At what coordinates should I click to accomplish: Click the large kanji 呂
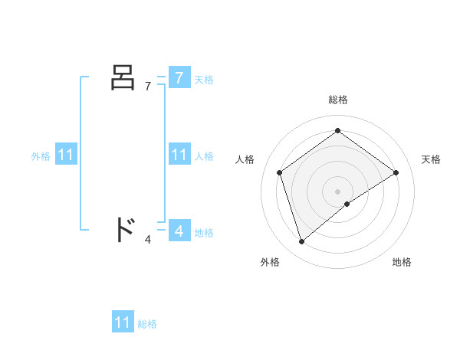[123, 77]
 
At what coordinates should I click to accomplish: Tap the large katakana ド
[123, 230]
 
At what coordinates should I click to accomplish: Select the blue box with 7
[179, 78]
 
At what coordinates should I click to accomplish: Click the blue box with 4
[179, 230]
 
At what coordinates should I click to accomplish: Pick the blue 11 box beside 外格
[66, 155]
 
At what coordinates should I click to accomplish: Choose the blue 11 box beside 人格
[179, 155]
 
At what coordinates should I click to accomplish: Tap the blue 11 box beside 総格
[123, 322]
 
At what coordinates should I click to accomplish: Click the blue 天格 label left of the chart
[204, 80]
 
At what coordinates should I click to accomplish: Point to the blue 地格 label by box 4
[204, 233]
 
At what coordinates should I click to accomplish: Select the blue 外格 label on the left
[41, 156]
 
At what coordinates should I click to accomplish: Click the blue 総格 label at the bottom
[147, 325]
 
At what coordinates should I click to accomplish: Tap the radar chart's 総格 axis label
[337, 100]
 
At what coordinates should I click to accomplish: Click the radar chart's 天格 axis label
[431, 159]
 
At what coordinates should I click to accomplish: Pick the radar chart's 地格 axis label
[402, 262]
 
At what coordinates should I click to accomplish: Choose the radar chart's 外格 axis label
[270, 262]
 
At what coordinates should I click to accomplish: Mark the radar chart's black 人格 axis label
[245, 159]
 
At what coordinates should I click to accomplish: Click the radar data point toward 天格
[396, 172]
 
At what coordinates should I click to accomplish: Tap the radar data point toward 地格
[347, 204]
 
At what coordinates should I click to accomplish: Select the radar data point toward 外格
[302, 242]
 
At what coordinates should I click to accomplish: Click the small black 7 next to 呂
[148, 87]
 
